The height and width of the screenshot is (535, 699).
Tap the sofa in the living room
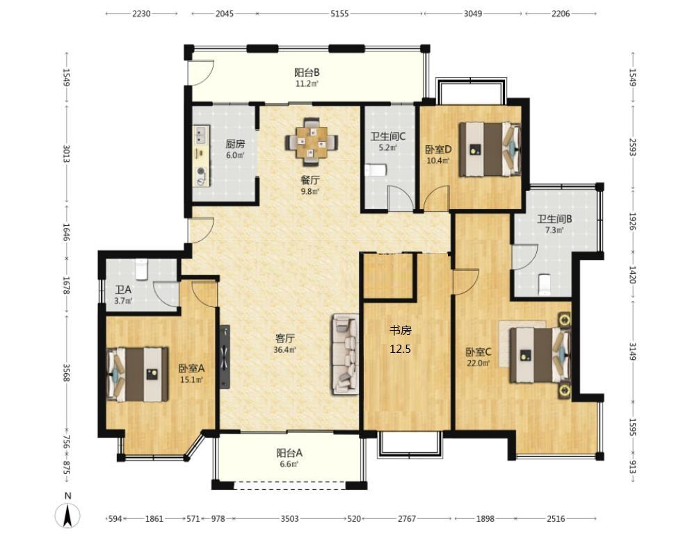click(x=345, y=354)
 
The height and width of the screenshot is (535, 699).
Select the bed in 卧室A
click(x=138, y=374)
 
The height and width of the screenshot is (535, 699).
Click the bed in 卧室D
click(x=490, y=149)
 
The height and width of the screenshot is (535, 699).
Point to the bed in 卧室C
click(x=540, y=355)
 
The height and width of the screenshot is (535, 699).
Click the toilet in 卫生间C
click(x=375, y=171)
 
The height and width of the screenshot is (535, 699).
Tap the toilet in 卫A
click(x=141, y=270)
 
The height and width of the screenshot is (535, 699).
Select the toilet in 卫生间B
click(x=545, y=285)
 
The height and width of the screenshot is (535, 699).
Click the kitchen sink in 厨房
click(x=200, y=135)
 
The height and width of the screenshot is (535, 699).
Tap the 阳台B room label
click(x=307, y=72)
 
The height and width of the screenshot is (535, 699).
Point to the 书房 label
click(x=401, y=330)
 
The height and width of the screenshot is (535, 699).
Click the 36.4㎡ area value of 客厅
click(x=285, y=350)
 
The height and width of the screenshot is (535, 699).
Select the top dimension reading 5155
click(x=339, y=13)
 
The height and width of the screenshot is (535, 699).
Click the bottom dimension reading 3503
click(x=290, y=518)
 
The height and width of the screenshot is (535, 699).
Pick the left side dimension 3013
click(x=67, y=154)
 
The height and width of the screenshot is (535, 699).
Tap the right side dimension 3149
click(x=632, y=352)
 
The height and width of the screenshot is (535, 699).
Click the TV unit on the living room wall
click(x=225, y=356)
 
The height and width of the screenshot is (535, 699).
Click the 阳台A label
click(x=289, y=453)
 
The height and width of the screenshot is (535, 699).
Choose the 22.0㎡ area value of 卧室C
click(x=478, y=363)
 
